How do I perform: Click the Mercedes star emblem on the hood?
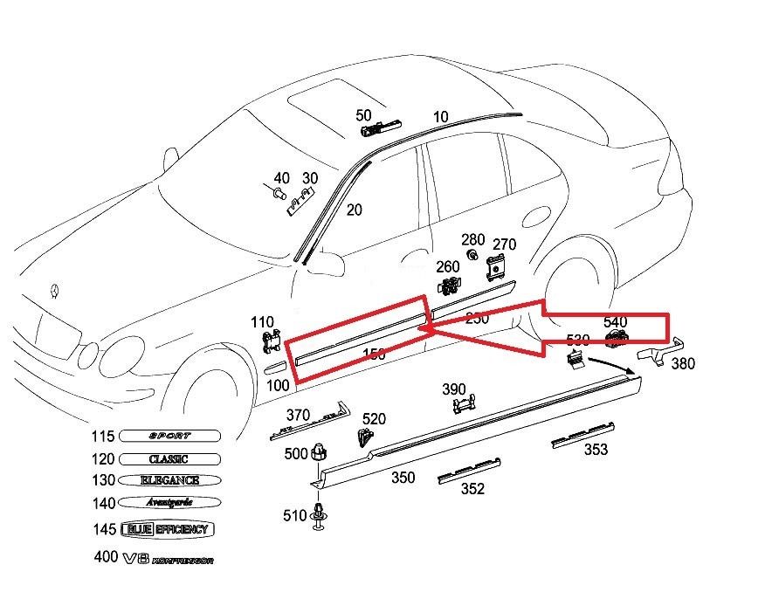click(55, 290)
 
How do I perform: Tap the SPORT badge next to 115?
click(169, 436)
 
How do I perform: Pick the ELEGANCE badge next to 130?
click(169, 480)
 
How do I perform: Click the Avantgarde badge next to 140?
click(167, 502)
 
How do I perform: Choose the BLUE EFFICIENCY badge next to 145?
click(167, 529)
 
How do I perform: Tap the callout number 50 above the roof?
click(363, 115)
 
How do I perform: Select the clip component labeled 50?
click(377, 130)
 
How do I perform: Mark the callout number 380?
click(683, 364)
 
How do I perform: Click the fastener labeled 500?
click(321, 452)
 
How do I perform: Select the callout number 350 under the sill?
click(403, 479)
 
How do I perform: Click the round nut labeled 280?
click(471, 255)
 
